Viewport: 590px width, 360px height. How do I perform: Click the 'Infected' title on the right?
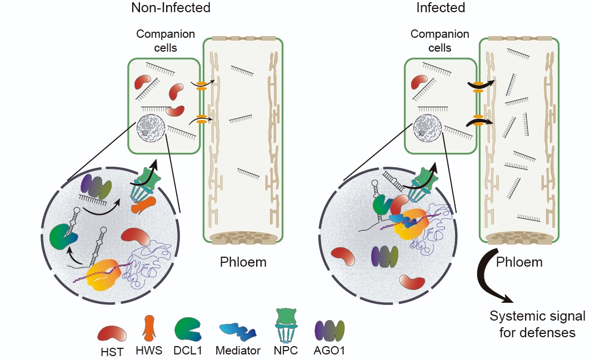click(441, 8)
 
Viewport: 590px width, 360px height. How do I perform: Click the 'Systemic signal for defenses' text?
click(537, 324)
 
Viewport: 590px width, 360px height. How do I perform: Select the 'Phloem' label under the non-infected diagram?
click(243, 262)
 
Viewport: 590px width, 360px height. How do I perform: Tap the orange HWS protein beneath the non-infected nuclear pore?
click(143, 206)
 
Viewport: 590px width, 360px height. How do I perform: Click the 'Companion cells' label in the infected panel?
click(439, 41)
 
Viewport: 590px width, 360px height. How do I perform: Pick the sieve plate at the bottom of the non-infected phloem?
click(243, 238)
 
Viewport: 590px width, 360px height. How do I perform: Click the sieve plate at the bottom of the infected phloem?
click(519, 238)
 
